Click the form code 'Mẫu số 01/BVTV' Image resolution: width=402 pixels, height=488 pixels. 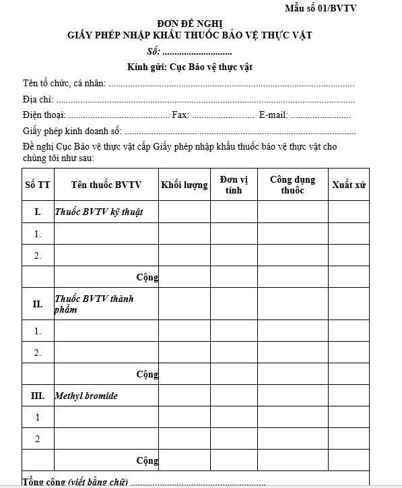pyautogui.click(x=321, y=8)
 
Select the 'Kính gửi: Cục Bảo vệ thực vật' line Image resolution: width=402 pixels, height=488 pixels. pyautogui.click(x=190, y=67)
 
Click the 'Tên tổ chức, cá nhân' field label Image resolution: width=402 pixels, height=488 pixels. pyautogui.click(x=64, y=84)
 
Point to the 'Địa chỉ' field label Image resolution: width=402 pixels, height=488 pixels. pyautogui.click(x=37, y=99)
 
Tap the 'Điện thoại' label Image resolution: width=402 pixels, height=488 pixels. pyautogui.click(x=44, y=115)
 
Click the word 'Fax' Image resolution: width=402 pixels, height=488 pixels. pyautogui.click(x=180, y=115)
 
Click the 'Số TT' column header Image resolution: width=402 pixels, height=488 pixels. pyautogui.click(x=37, y=185)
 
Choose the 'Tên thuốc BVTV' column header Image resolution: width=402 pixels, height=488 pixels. pyautogui.click(x=106, y=185)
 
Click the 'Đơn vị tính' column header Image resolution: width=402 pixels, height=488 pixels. pyautogui.click(x=234, y=185)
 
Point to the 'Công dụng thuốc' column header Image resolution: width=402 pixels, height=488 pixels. pyautogui.click(x=292, y=185)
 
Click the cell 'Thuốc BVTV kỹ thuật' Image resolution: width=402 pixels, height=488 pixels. pyautogui.click(x=98, y=212)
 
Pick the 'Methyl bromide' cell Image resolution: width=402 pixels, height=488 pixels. pyautogui.click(x=86, y=396)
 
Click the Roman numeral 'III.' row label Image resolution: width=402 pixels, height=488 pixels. pyautogui.click(x=38, y=396)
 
